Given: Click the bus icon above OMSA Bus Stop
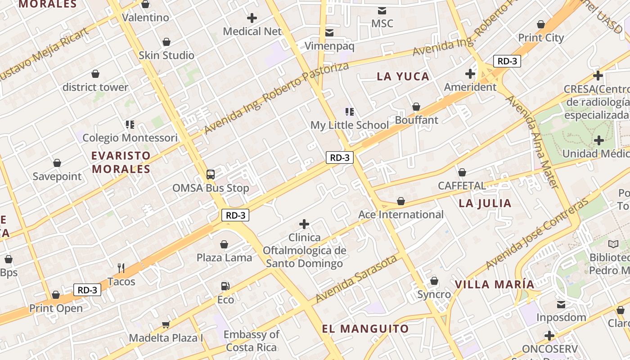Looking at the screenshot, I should point(210,175).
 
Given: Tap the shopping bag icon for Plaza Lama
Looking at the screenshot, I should point(224,244).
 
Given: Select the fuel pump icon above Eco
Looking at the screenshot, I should point(225,286).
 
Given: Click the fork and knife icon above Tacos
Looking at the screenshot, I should point(121,268).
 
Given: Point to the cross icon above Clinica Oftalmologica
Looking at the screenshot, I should point(304,224).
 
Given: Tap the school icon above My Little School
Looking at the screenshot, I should point(349,112).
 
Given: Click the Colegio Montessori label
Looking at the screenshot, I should point(130,138).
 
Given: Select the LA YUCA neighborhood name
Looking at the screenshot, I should point(403,76).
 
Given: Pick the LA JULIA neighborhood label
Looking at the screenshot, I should point(485,203).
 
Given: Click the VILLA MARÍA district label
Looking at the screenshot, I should point(494,284).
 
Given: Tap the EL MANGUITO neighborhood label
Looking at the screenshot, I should point(365,328).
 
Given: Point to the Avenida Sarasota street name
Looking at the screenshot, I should point(356,279).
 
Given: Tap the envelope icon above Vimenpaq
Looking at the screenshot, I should point(329,32).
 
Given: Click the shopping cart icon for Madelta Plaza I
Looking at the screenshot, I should point(166,324).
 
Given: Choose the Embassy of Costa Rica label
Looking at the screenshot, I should point(251,341).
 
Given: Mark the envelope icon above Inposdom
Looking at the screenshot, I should point(561,305).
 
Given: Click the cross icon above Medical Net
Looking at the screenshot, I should point(252,18).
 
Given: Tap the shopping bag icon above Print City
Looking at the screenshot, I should point(541,24).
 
